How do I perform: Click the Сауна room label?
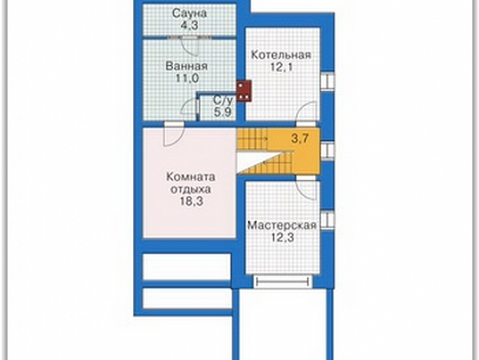pyautogui.click(x=190, y=13)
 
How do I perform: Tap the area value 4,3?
pyautogui.click(x=190, y=25)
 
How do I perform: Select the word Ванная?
pyautogui.click(x=187, y=66)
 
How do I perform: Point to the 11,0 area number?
pyautogui.click(x=187, y=79)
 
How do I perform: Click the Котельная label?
pyautogui.click(x=281, y=55)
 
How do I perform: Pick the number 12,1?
pyautogui.click(x=281, y=67)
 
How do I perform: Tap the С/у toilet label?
pyautogui.click(x=223, y=100)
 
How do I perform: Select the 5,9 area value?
pyautogui.click(x=223, y=112)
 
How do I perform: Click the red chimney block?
pyautogui.click(x=244, y=91)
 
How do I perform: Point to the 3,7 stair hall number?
pyautogui.click(x=300, y=138)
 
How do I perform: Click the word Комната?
pyautogui.click(x=190, y=177)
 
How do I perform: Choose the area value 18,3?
pyautogui.click(x=190, y=201)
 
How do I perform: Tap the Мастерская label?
pyautogui.click(x=282, y=225)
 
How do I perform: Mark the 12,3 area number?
pyautogui.click(x=283, y=237)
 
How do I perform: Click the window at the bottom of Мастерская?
pyautogui.click(x=283, y=281)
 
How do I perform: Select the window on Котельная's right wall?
pyautogui.click(x=327, y=82)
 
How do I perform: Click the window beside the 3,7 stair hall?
pyautogui.click(x=327, y=151)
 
